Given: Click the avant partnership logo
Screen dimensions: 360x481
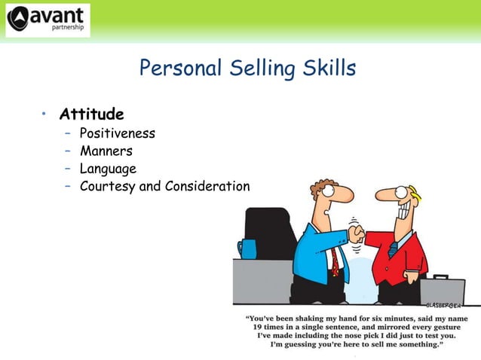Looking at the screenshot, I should click(x=47, y=20).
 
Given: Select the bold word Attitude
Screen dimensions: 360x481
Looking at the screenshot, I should click(x=91, y=115).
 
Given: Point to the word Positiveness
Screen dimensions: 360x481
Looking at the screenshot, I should click(x=117, y=134).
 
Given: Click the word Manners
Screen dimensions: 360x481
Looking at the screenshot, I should click(x=106, y=151).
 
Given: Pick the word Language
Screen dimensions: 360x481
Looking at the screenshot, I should click(x=108, y=169).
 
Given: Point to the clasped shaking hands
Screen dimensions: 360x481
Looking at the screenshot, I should click(x=356, y=234).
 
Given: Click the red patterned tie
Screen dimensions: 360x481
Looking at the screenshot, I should click(x=333, y=260).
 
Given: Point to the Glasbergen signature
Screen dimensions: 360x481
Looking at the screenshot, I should click(x=445, y=306).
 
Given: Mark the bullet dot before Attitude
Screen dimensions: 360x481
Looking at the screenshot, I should click(x=44, y=114).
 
